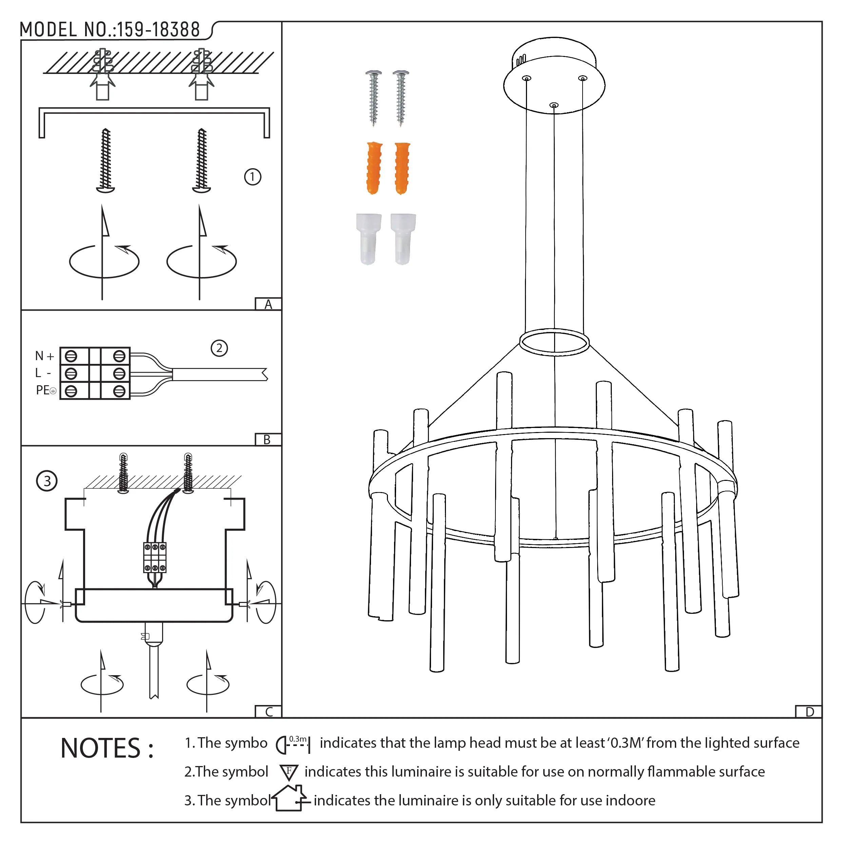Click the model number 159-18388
(158, 30)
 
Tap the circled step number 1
(253, 177)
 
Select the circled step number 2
(219, 348)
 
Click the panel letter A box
(268, 304)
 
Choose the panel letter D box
(809, 712)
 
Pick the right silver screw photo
(400, 98)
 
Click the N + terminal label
(44, 356)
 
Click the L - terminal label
(43, 373)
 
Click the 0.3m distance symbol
(293, 744)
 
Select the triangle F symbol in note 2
(289, 772)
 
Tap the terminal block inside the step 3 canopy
(155, 557)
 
